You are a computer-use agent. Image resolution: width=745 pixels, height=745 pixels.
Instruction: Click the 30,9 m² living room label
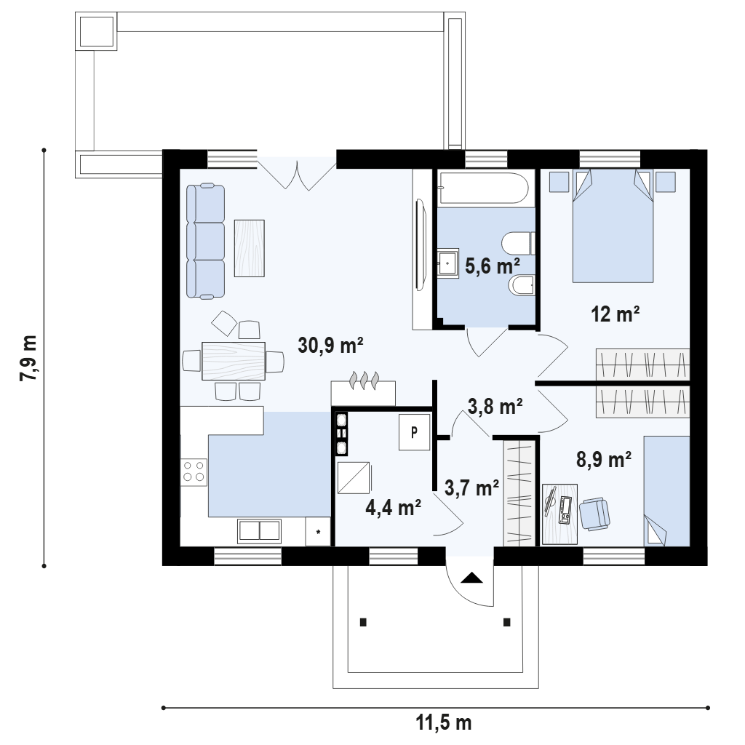point(331,346)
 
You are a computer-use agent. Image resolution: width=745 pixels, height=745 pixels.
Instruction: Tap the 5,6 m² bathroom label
point(493,266)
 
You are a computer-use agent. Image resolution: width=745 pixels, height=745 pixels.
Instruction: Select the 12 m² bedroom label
point(615,314)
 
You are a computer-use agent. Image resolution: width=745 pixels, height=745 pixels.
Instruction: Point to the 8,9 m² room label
point(604,460)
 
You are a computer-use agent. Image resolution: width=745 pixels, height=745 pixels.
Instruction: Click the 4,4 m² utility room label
point(394,507)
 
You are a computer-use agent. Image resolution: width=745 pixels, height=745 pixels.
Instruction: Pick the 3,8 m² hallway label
point(495,406)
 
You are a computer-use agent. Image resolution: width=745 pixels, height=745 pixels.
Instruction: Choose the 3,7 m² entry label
point(471,487)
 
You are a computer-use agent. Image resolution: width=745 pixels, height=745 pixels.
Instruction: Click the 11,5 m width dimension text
point(444,722)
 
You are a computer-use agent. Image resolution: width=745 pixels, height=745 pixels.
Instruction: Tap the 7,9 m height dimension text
point(28,358)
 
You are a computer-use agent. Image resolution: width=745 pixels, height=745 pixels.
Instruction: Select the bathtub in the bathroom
point(484,189)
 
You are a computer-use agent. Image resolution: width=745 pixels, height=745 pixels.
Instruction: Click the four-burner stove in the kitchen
point(194,471)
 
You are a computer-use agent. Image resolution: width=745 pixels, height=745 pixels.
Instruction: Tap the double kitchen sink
point(260,530)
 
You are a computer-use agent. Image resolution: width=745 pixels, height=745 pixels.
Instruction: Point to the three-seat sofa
point(205,242)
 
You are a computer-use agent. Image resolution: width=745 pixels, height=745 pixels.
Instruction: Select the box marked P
point(414,432)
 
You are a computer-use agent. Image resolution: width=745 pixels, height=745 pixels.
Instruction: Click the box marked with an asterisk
point(319,531)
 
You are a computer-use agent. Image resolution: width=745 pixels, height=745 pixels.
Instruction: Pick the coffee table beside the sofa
point(250,248)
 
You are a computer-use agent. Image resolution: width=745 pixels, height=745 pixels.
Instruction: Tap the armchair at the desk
point(594,513)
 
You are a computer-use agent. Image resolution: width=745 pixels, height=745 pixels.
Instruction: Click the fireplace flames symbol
point(364,380)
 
